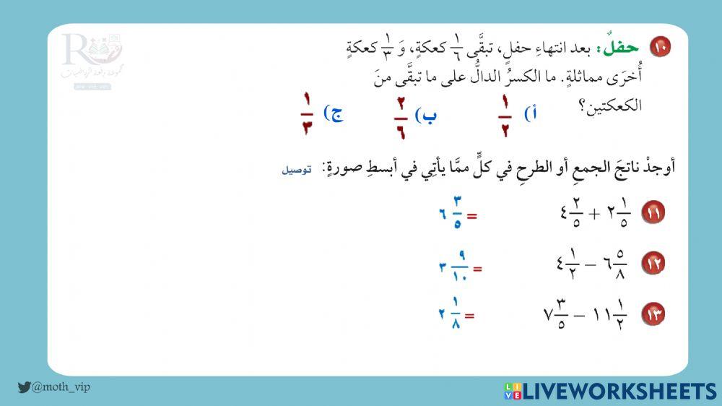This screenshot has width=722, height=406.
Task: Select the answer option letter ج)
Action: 334,113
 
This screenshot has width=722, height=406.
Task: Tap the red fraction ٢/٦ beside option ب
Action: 400,118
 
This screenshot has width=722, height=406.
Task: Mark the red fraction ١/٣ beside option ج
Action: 306,116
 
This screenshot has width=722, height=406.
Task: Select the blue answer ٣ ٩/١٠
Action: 454,267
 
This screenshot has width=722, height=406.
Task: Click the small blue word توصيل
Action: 297,170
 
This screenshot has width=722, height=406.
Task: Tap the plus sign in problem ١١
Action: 596,215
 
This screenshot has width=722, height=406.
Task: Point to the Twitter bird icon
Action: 24,387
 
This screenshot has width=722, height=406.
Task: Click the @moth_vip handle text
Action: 61,387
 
